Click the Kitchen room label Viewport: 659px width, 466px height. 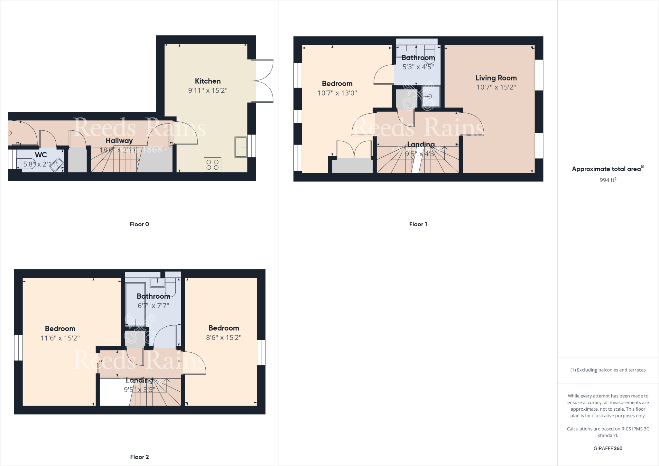coord(208,81)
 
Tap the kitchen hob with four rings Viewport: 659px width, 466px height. coord(212,165)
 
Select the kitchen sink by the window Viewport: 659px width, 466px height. coord(241,147)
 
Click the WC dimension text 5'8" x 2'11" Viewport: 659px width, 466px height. coord(41,164)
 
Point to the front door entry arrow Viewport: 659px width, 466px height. coord(9,133)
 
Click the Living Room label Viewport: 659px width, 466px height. coord(496,78)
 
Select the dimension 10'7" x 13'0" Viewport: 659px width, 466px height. coord(337,93)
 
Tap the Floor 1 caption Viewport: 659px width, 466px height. coord(418,224)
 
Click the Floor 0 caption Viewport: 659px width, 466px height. coord(139,224)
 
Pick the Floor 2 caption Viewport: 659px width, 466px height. coord(139,457)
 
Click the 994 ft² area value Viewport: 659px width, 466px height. coord(608,180)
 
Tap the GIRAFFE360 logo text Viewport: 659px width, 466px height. coord(608,448)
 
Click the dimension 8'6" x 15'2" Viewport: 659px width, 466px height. coord(224,338)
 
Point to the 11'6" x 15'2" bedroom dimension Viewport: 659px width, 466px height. coord(60,338)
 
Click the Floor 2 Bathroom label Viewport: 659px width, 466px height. coord(153,296)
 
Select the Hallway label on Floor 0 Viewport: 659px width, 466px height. coord(119,141)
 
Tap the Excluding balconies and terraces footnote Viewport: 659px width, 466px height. coord(608,370)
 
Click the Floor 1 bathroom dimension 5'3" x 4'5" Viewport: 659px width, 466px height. coord(418,67)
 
